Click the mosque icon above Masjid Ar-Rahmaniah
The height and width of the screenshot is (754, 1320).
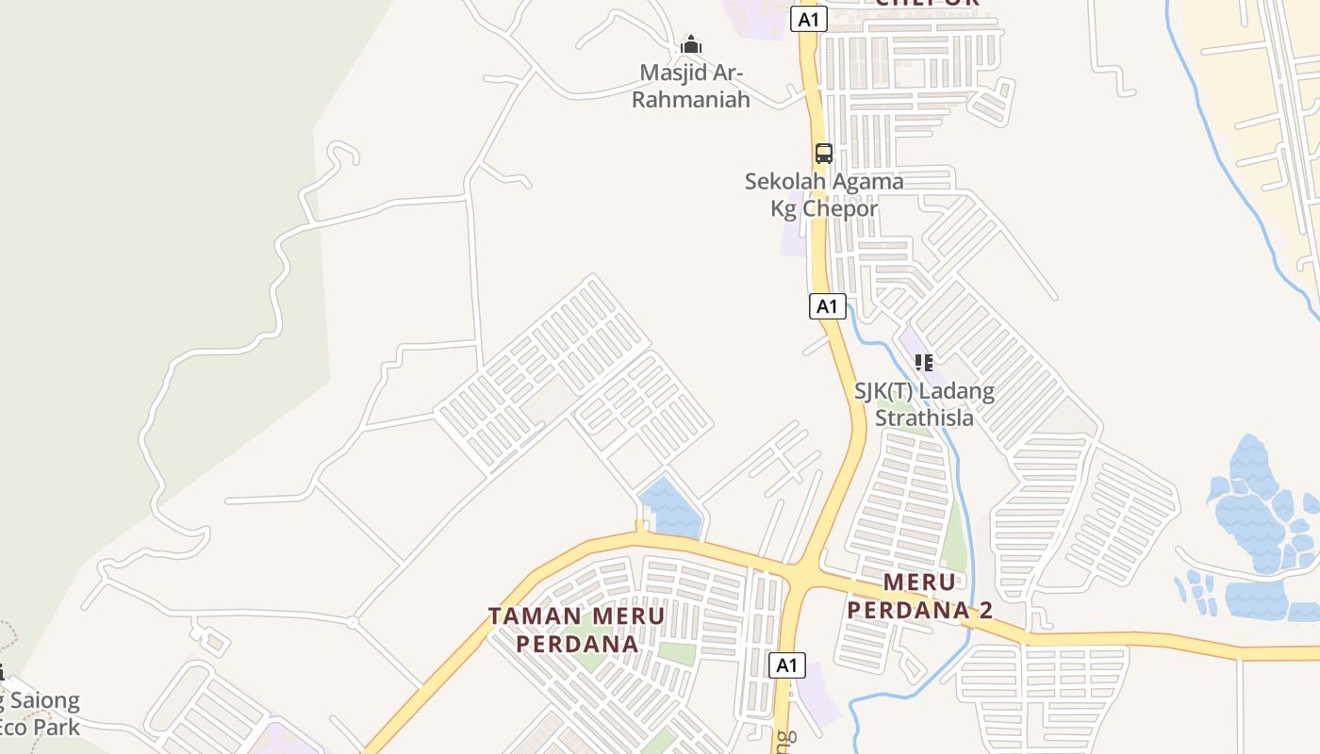[691, 44]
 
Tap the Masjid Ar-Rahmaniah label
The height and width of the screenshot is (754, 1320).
[690, 86]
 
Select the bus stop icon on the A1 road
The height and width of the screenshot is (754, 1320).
[823, 153]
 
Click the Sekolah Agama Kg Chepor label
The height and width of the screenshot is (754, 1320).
[824, 195]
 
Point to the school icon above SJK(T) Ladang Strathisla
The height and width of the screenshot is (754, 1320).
[924, 362]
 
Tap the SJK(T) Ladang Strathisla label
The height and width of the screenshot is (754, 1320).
[924, 403]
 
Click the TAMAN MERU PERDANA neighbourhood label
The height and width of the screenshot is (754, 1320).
[576, 630]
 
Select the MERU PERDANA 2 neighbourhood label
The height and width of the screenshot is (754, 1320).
[919, 596]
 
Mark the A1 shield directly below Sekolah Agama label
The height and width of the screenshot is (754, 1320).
[827, 306]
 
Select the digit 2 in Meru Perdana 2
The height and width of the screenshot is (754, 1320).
[985, 610]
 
